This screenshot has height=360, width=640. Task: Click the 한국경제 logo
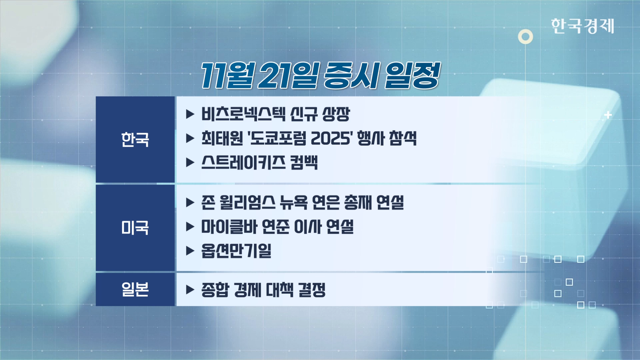(582, 26)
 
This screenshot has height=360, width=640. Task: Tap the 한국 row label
(135, 139)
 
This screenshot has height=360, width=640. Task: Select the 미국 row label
(135, 228)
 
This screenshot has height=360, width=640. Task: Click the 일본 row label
(135, 289)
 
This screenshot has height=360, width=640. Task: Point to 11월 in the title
(228, 76)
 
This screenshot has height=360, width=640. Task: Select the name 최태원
(222, 138)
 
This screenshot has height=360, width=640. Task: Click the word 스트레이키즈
(243, 163)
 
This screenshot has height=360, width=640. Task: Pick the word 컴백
(304, 163)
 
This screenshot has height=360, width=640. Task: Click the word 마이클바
(229, 227)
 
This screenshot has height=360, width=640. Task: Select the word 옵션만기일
(236, 251)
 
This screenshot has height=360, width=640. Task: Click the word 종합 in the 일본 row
(215, 290)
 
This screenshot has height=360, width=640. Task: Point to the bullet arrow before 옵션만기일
(190, 251)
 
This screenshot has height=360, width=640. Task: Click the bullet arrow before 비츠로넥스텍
(190, 114)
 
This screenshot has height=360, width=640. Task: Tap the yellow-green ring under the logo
(525, 37)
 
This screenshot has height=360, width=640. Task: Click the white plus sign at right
(608, 115)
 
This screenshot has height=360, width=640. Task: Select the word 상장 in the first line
(336, 114)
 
